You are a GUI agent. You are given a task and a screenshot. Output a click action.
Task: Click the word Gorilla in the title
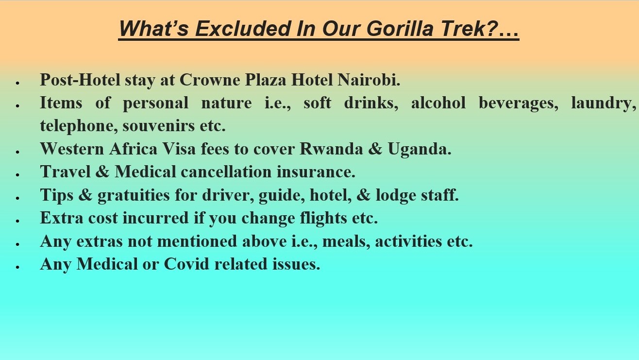pyautogui.click(x=400, y=29)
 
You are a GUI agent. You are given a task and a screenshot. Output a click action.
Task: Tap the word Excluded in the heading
pyautogui.click(x=242, y=29)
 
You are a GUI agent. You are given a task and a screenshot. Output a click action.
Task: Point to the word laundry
pyautogui.click(x=604, y=103)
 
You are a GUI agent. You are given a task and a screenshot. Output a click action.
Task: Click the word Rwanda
pyautogui.click(x=331, y=149)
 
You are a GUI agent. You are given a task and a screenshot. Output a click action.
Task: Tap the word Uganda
pyautogui.click(x=420, y=149)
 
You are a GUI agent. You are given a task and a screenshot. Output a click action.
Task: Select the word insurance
pyautogui.click(x=316, y=172)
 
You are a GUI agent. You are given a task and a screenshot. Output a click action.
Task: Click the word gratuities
pyautogui.click(x=134, y=195)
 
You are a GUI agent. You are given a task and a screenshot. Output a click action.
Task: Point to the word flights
pyautogui.click(x=323, y=219)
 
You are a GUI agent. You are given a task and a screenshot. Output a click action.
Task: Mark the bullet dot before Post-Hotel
pyautogui.click(x=17, y=83)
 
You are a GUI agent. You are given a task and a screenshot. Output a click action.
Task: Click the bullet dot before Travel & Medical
pyautogui.click(x=17, y=174)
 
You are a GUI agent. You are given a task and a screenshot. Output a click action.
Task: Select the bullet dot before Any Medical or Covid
pyautogui.click(x=17, y=267)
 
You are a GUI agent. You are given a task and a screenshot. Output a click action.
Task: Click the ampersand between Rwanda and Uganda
pyautogui.click(x=375, y=149)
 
